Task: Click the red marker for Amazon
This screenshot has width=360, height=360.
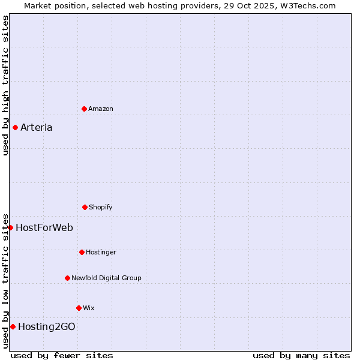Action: point(84,109)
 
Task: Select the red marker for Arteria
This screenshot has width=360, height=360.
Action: point(15,127)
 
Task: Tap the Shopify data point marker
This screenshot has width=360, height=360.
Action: point(85,207)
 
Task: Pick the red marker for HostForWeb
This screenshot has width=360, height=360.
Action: point(10,227)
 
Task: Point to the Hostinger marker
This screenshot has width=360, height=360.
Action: point(82,252)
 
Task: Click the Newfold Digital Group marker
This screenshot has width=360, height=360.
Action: point(67,278)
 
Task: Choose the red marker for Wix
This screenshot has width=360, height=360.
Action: point(79,308)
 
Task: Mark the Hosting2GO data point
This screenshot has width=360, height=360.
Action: point(13,326)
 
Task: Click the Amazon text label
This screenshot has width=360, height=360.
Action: point(101,109)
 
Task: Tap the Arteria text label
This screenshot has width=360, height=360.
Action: point(37,127)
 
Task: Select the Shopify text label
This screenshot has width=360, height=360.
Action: point(101,207)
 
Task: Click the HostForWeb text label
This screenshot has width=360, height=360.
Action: point(44,227)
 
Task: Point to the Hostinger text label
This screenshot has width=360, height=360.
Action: point(101,252)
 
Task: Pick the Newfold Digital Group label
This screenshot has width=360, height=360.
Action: point(106,278)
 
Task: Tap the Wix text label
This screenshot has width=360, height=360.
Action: point(89,308)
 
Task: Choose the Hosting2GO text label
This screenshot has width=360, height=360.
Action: point(47,326)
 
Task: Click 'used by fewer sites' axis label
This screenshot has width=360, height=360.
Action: point(62,355)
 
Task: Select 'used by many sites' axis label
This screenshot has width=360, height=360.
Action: point(301,355)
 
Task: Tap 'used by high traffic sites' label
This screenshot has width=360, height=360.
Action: point(5,85)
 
